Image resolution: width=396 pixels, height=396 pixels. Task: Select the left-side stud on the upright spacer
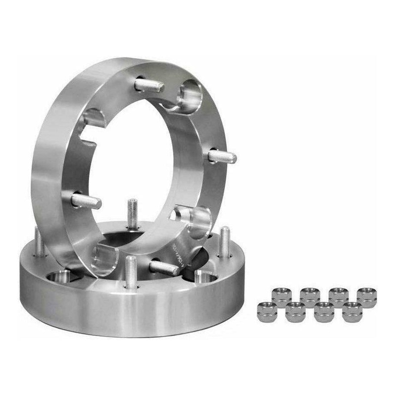point(86,200)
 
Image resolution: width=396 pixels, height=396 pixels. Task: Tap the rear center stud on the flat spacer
point(132,213)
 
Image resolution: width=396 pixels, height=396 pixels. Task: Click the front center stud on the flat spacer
point(131,272)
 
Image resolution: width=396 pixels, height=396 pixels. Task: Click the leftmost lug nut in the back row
point(281,296)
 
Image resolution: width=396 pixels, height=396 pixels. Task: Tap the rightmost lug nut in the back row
point(366,296)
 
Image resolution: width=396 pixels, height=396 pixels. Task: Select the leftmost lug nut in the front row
point(267,311)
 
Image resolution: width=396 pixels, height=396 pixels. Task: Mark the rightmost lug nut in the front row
point(352,311)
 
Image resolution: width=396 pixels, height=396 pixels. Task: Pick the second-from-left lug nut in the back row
point(310,296)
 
